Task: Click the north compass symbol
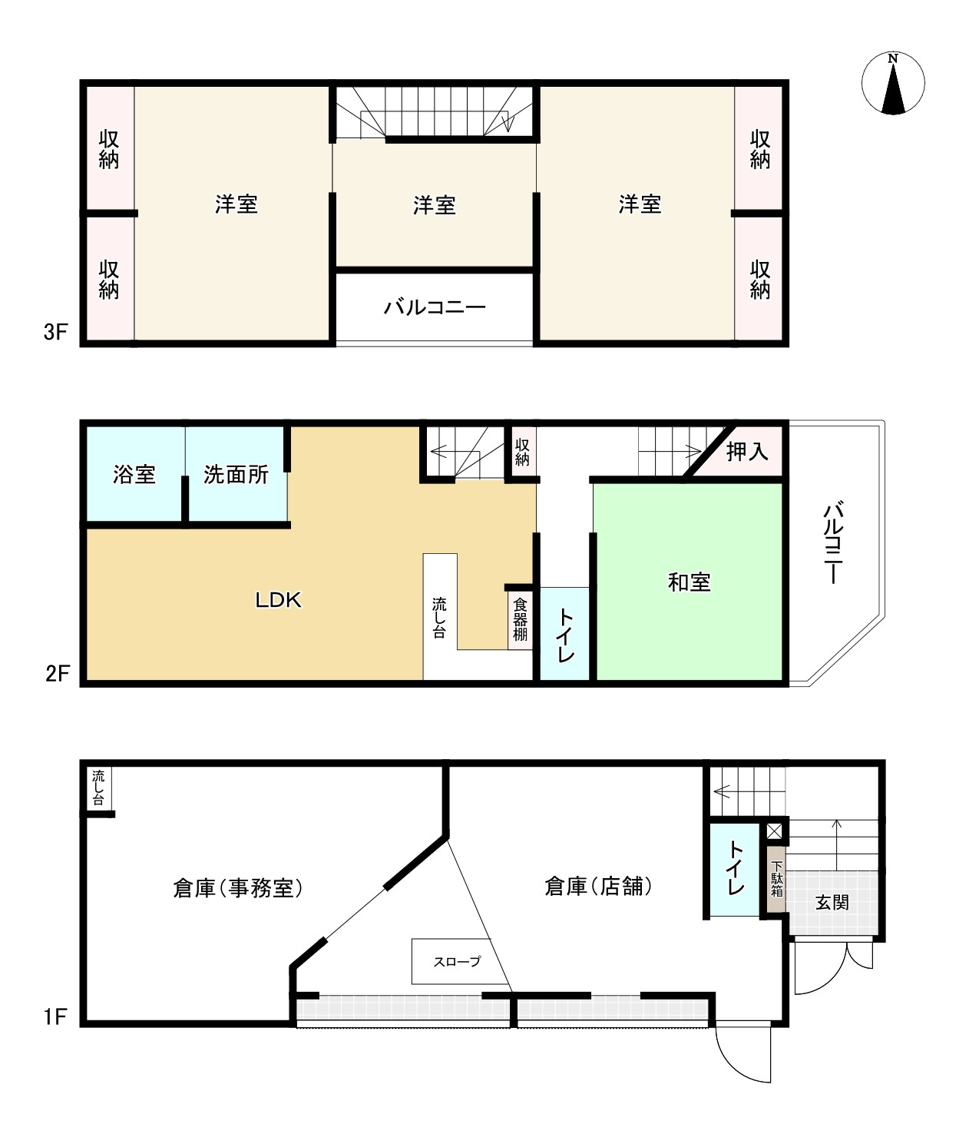click(x=893, y=84)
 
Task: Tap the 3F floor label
click(x=55, y=332)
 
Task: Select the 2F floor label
click(x=57, y=673)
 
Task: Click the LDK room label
click(x=278, y=600)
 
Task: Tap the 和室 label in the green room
click(x=689, y=582)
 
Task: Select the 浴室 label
click(x=134, y=474)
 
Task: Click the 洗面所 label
click(x=236, y=475)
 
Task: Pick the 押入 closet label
click(x=747, y=452)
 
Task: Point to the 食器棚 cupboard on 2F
click(x=519, y=619)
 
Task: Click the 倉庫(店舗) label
click(x=597, y=886)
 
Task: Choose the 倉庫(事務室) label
click(x=237, y=888)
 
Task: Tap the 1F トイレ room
click(x=734, y=870)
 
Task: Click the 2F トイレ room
click(x=565, y=634)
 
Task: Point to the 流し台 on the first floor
click(x=99, y=787)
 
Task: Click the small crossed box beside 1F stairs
click(x=774, y=831)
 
